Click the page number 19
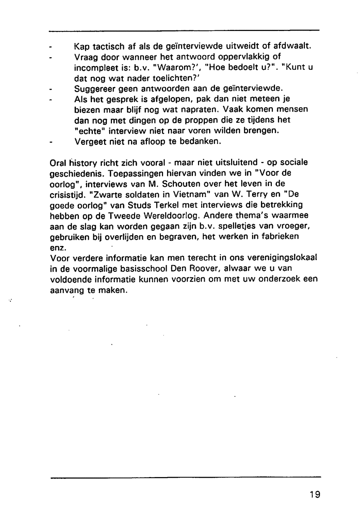pos(314,494)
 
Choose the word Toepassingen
pos(133,173)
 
